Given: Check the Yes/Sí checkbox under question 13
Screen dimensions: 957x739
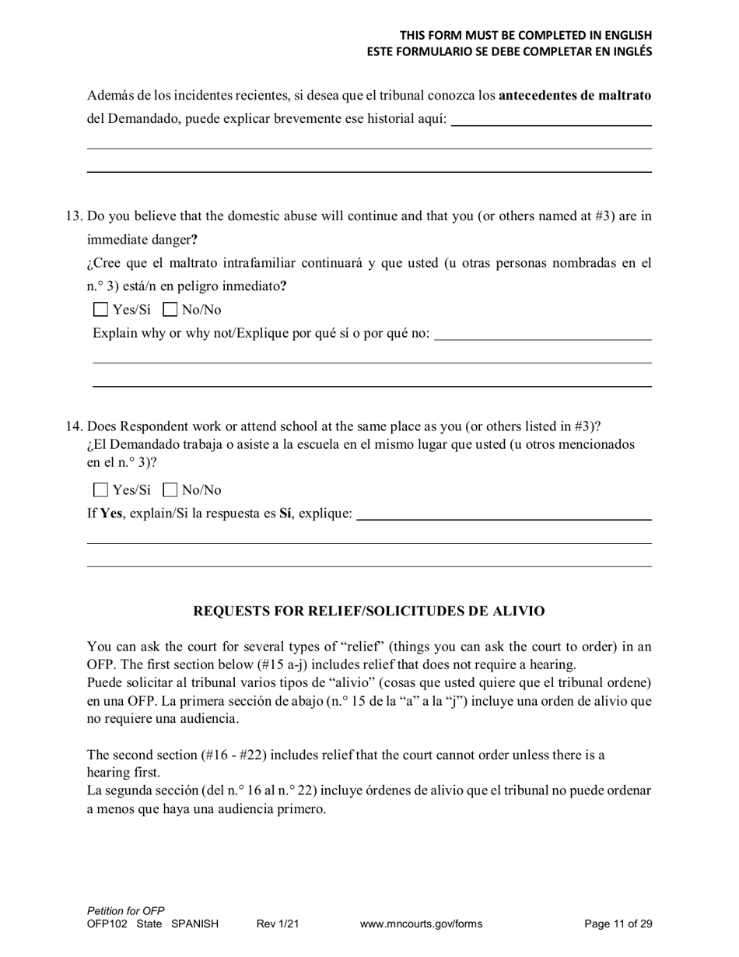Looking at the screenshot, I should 100,310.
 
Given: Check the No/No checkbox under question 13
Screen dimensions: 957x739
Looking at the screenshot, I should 170,310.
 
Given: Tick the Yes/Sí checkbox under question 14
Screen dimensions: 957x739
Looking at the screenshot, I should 100,490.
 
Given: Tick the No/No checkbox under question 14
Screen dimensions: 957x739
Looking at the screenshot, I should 170,490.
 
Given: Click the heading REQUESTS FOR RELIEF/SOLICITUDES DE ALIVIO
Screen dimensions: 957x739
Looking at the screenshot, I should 369,612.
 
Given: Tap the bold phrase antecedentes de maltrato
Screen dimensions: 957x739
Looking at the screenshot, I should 574,96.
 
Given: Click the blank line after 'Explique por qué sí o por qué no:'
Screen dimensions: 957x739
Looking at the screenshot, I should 542,335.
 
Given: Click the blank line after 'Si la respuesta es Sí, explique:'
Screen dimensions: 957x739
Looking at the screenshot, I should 503,515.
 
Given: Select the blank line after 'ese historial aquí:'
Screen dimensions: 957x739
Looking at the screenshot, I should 551,120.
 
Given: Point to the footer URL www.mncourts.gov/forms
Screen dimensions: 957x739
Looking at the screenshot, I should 421,924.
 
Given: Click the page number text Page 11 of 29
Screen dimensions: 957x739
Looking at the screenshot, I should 618,924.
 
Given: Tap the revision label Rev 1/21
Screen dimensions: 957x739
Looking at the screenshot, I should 278,924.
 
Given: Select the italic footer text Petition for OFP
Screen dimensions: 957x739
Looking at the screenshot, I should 126,911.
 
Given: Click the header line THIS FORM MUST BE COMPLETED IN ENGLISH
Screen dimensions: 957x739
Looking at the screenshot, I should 525,36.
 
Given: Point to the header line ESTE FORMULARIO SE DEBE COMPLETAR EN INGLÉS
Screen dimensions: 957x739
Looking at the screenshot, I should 510,52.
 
